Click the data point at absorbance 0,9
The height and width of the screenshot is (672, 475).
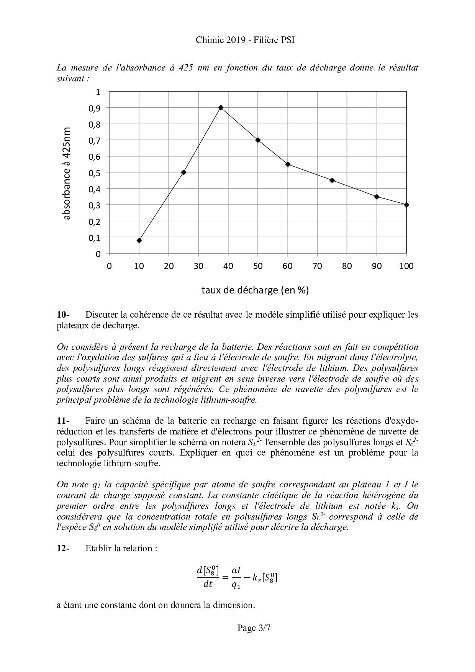click(x=221, y=108)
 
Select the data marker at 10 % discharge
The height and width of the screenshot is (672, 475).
click(x=139, y=241)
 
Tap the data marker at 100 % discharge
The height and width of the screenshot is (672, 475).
click(x=406, y=205)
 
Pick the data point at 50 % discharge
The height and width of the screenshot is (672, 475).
click(x=258, y=140)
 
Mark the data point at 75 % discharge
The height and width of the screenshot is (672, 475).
click(x=332, y=180)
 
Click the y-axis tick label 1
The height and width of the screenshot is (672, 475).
click(x=98, y=92)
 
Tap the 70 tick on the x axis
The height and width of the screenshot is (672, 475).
click(x=317, y=266)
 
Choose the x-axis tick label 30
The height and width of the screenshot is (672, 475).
click(x=198, y=266)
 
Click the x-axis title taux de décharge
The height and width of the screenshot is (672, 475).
click(x=255, y=290)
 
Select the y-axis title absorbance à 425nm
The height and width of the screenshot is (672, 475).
click(x=67, y=173)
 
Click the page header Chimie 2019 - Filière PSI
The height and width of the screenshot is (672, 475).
click(x=245, y=40)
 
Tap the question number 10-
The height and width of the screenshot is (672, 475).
click(x=63, y=315)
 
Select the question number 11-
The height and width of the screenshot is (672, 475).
click(x=63, y=421)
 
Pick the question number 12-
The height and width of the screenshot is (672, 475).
click(x=63, y=548)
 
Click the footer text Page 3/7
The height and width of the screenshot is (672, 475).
click(x=254, y=628)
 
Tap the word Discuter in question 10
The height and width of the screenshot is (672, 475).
click(x=101, y=315)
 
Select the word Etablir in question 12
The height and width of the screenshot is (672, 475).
click(x=98, y=548)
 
